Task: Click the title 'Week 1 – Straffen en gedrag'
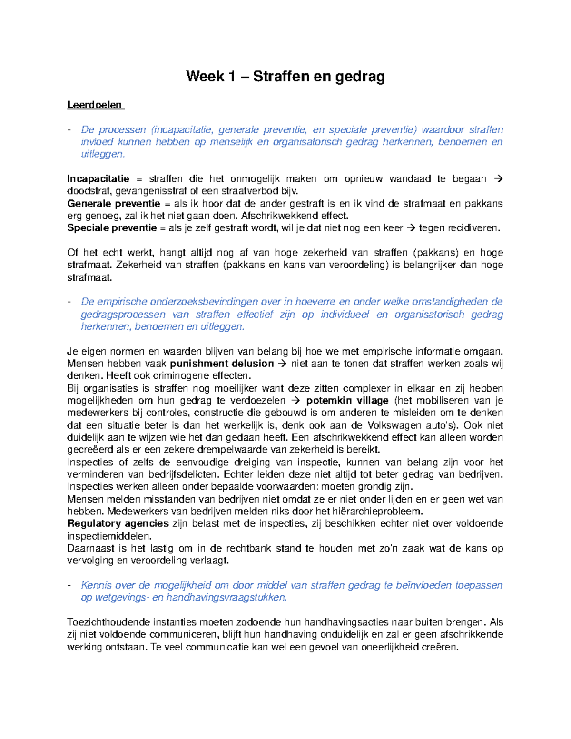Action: coord(285,77)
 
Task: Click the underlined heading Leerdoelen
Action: coord(95,105)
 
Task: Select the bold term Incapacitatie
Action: coord(98,179)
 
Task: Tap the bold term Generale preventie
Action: coord(113,204)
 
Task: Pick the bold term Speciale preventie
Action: coord(112,228)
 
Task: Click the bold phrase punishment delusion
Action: coord(222,364)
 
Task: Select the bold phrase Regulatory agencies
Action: coord(118,523)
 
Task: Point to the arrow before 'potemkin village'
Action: coord(295,401)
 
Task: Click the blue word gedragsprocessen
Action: coord(123,315)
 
